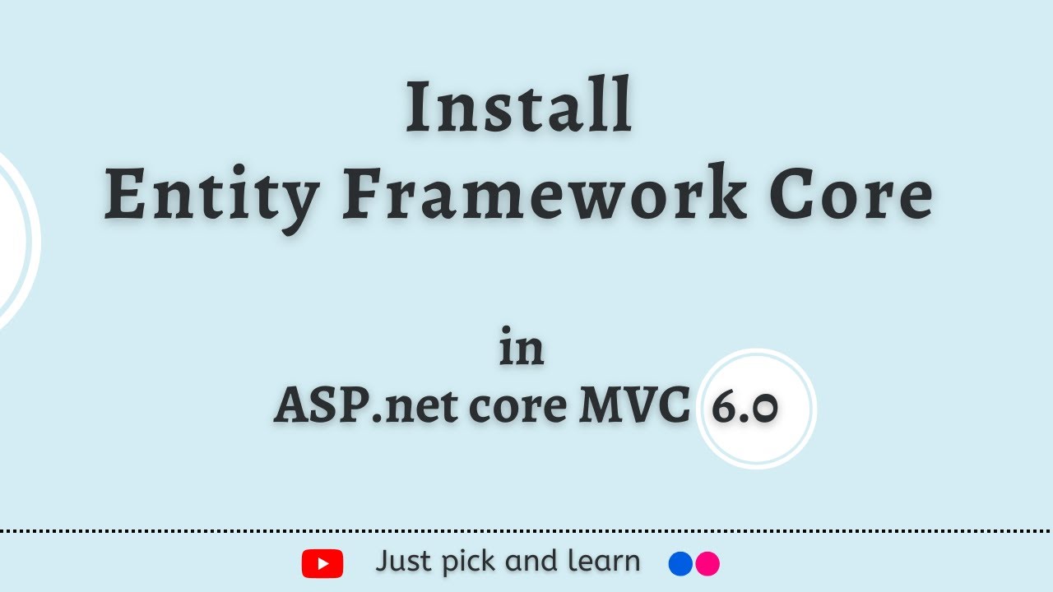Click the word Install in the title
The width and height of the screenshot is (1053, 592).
tap(519, 107)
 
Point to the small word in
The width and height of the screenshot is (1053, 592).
tap(522, 349)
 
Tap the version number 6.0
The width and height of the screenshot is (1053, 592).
tap(745, 408)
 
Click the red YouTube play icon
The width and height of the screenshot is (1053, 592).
tap(322, 563)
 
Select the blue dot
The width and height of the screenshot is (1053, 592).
tap(680, 563)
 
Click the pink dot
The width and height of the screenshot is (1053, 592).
tap(707, 563)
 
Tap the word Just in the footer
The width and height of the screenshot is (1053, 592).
tap(404, 562)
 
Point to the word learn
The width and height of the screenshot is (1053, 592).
tap(604, 562)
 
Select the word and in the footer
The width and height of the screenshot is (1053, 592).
tap(531, 562)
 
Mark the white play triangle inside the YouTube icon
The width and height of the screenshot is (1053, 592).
tap(323, 563)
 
